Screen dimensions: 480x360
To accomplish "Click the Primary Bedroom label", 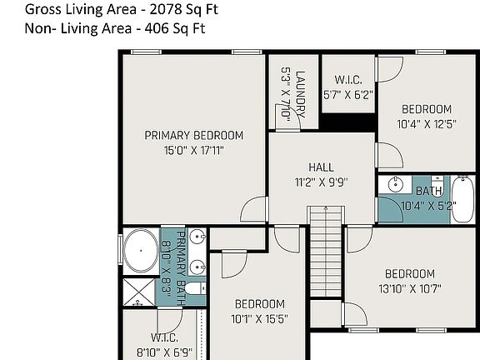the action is (194, 135).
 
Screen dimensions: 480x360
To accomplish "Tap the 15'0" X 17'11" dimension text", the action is (194, 151).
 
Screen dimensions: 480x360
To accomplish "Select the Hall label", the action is (321, 167).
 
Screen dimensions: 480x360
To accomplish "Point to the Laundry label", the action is (300, 94).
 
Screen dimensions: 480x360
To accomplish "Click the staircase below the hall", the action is (326, 252).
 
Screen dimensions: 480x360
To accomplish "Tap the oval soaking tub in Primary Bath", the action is (141, 251).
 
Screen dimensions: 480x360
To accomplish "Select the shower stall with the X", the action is (138, 292).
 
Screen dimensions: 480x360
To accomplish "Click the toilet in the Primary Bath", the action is (195, 288).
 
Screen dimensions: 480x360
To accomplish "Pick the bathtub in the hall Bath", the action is (462, 199).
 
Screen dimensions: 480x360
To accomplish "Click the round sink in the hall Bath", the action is (396, 184).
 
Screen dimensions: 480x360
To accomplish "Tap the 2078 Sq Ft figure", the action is (183, 9).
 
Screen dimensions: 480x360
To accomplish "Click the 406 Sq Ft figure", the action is (175, 28).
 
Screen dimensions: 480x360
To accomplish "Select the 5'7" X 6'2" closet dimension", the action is (348, 95).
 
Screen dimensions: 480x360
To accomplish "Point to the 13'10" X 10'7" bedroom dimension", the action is (410, 288).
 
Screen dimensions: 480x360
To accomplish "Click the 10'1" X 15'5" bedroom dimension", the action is (260, 319).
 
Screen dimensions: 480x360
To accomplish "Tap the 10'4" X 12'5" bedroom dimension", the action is (427, 124).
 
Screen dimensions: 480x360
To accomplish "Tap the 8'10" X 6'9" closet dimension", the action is (165, 352).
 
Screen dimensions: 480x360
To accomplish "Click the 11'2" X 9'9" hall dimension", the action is (321, 182).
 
